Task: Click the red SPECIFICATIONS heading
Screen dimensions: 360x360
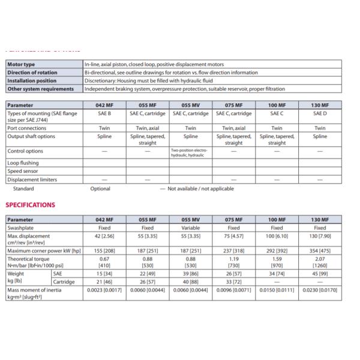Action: point(30,205)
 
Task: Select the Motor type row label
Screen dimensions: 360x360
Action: point(21,64)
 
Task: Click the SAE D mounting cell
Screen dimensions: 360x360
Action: point(320,112)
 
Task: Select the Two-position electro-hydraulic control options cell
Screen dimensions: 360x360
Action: point(190,152)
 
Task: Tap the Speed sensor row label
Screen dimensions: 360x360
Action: point(22,170)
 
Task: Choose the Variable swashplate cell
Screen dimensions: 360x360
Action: point(190,228)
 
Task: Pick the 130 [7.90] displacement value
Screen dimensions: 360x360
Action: point(320,236)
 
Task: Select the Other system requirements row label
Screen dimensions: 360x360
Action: point(40,89)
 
